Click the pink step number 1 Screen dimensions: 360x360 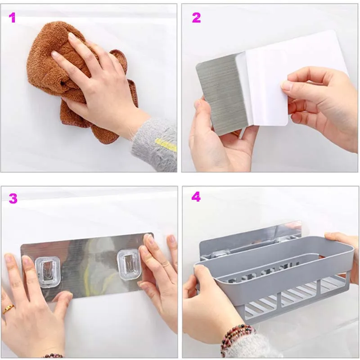tap(13, 18)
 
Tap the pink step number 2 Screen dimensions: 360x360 tap(196, 18)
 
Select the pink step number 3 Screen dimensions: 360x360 tap(13, 198)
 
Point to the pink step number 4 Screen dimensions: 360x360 tap(196, 197)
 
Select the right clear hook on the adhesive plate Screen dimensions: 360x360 tap(129, 265)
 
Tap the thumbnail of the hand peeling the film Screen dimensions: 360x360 tap(288, 86)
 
